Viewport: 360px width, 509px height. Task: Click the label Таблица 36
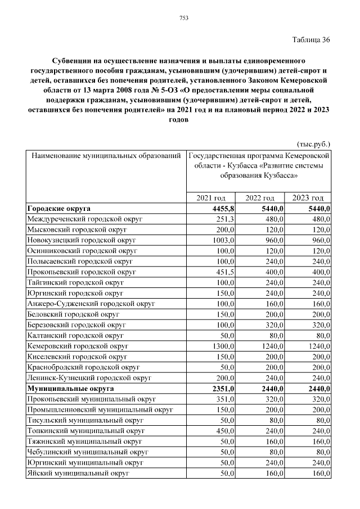coord(311,39)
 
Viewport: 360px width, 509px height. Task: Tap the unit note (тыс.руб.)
coord(313,143)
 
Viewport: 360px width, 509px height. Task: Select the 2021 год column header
coord(210,198)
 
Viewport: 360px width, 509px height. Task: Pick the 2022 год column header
coord(260,198)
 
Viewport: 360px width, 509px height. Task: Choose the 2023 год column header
coord(308,198)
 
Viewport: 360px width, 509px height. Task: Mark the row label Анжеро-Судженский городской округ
coord(91,304)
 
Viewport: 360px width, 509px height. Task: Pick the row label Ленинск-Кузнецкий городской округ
coord(89,378)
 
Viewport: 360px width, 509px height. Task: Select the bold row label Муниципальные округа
coord(70,389)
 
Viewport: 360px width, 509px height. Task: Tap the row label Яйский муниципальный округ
coord(78,474)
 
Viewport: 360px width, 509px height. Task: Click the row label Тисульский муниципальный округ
coord(85,420)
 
